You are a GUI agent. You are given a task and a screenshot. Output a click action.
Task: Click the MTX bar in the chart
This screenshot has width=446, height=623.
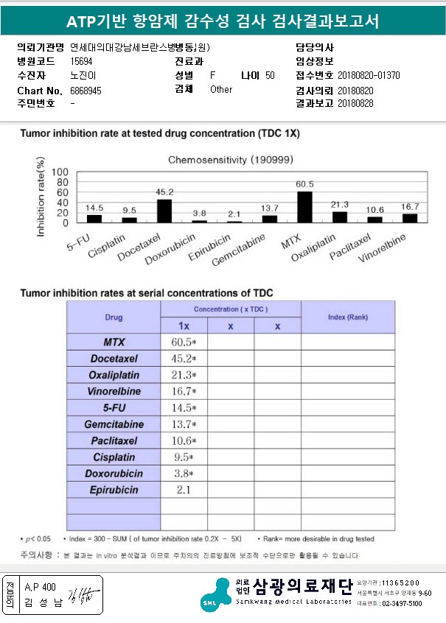(x=304, y=206)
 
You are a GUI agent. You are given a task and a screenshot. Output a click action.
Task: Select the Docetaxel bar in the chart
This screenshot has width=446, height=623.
(x=164, y=210)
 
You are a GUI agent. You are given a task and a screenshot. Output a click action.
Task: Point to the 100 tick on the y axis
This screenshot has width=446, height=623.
(x=62, y=172)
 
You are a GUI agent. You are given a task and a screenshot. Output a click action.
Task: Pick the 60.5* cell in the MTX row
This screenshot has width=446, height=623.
(x=184, y=342)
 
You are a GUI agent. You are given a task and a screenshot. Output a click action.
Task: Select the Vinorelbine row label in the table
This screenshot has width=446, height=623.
(x=114, y=391)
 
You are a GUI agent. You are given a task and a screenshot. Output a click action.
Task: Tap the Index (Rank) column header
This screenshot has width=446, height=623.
(x=347, y=317)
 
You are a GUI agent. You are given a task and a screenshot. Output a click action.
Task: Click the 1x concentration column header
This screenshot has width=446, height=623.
(x=184, y=326)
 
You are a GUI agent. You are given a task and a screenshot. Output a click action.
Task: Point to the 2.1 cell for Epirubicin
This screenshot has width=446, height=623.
(x=184, y=489)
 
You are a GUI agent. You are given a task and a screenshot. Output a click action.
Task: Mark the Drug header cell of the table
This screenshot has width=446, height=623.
(x=114, y=317)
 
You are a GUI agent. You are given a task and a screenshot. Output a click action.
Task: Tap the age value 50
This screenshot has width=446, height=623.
(x=270, y=76)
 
